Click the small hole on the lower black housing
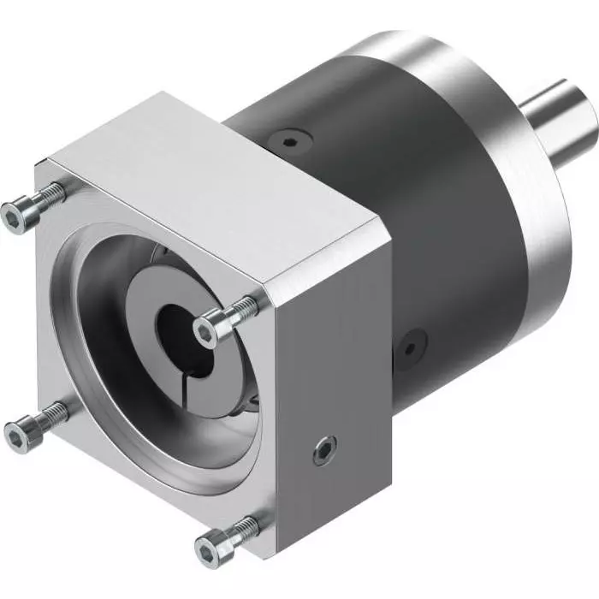(x=411, y=347)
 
